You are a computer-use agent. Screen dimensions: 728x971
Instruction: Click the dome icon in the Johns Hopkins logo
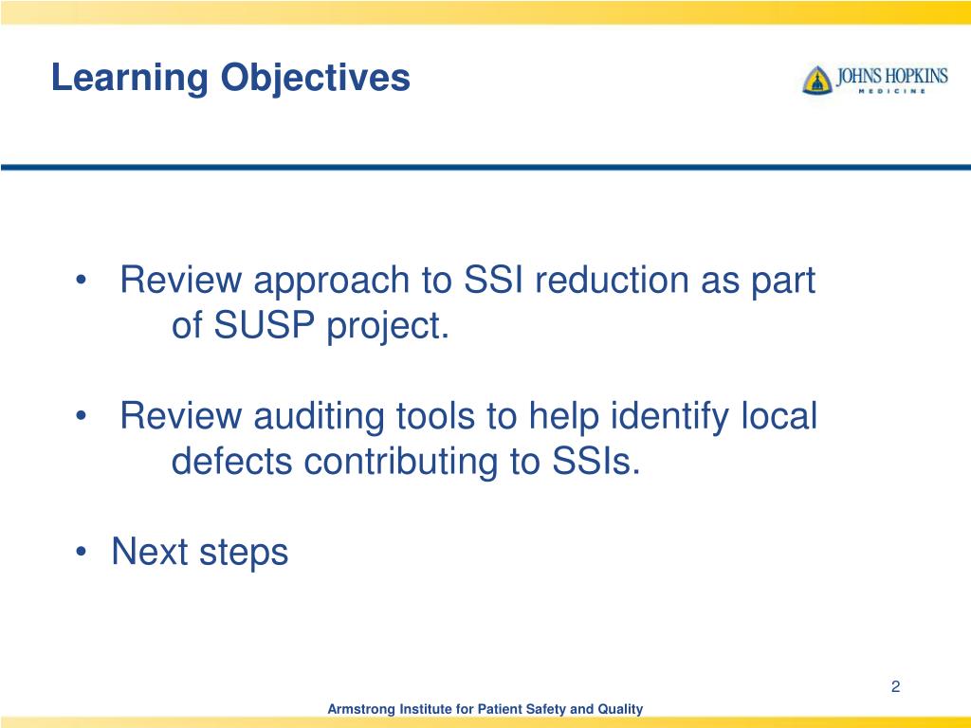[816, 80]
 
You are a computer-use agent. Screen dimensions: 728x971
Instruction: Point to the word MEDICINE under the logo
[890, 92]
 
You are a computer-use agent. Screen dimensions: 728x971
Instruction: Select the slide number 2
[894, 686]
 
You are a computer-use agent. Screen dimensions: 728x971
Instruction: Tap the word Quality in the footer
[620, 709]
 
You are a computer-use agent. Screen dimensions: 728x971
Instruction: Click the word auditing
[317, 416]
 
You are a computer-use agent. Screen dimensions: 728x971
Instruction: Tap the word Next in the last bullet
[150, 551]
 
